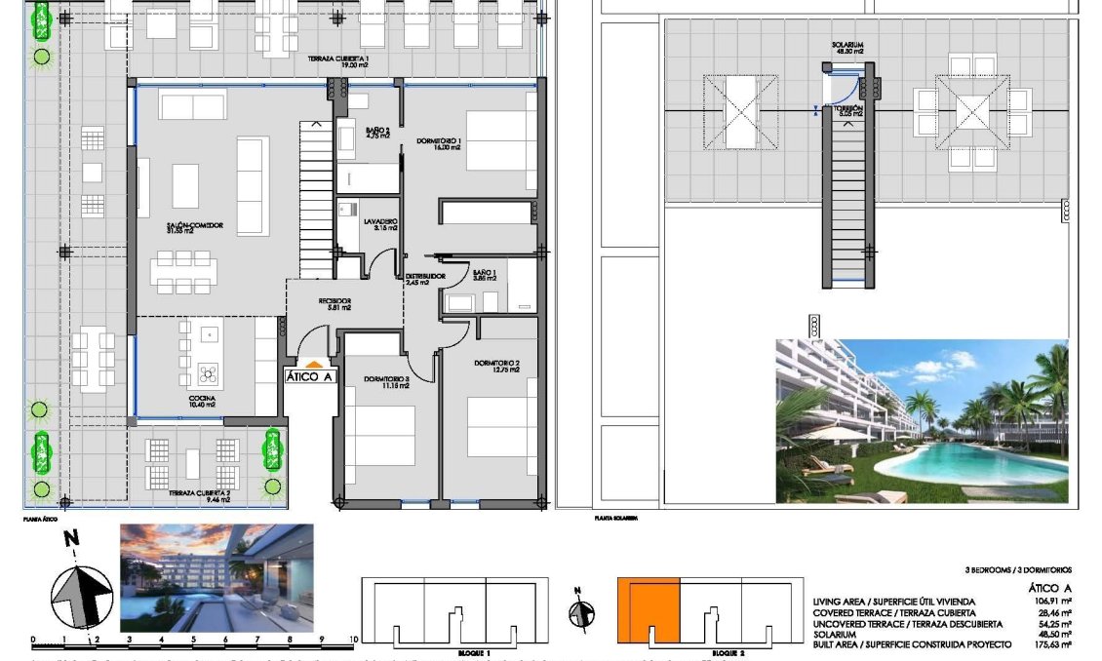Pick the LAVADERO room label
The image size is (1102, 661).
[380, 222]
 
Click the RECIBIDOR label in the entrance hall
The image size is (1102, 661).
[334, 300]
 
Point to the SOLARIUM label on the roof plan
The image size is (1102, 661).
[846, 46]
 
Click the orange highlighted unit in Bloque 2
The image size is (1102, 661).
[648, 609]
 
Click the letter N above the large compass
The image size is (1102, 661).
[70, 537]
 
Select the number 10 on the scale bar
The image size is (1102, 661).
[352, 641]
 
